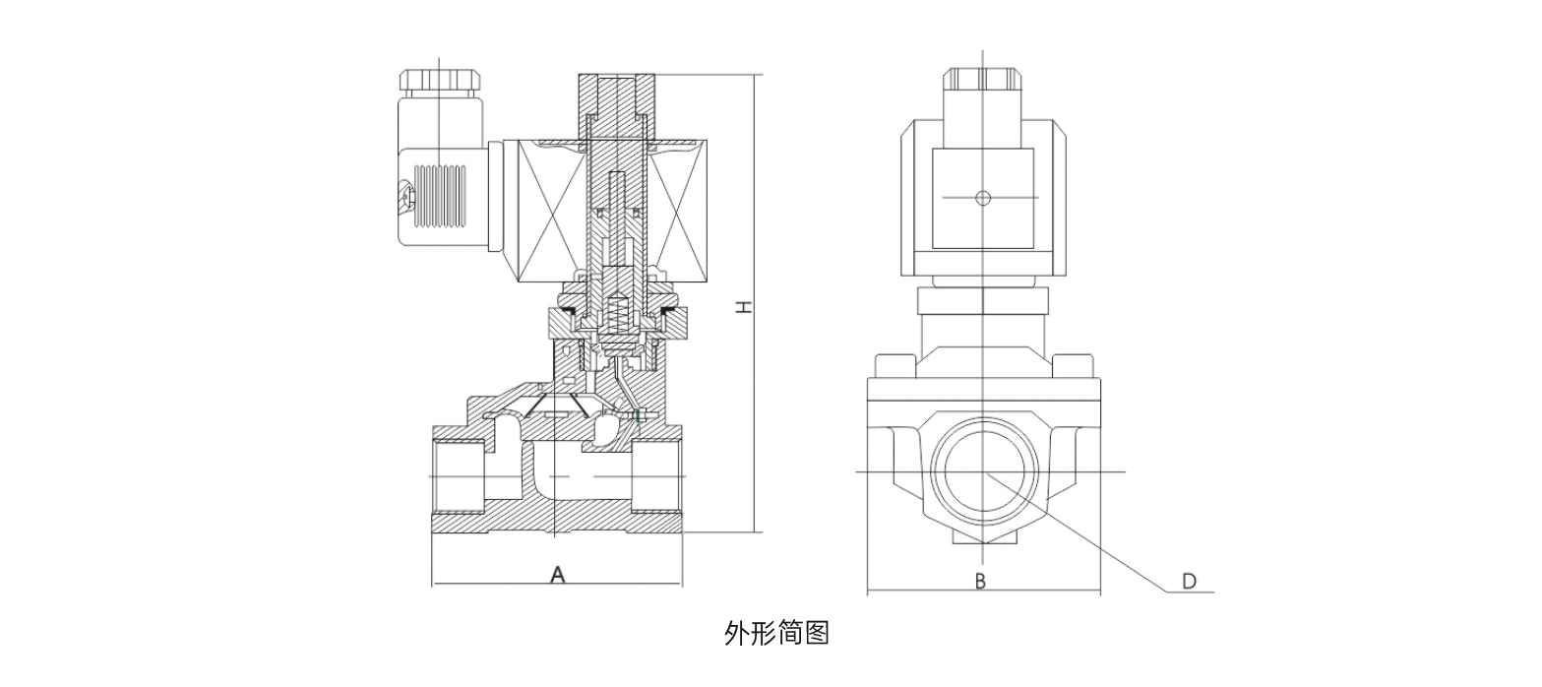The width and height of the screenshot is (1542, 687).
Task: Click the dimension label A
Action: pos(557,573)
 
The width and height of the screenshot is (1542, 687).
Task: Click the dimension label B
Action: pos(980,581)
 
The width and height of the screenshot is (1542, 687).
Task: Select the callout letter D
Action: pos(1189,581)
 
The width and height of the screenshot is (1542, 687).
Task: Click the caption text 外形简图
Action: pos(776,633)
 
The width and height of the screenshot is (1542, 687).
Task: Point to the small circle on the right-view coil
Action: pos(982,198)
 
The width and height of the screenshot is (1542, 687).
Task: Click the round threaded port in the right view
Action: pos(983,473)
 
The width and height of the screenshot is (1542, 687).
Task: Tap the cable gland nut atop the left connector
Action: pos(439,80)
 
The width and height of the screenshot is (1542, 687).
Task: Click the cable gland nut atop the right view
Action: pos(983,80)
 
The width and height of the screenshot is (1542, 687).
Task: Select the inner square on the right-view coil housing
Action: pos(982,198)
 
